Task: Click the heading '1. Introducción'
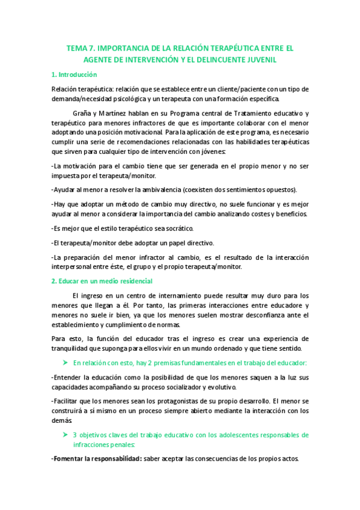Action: pos(75,75)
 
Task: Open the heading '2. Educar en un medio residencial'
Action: pos(102,281)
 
